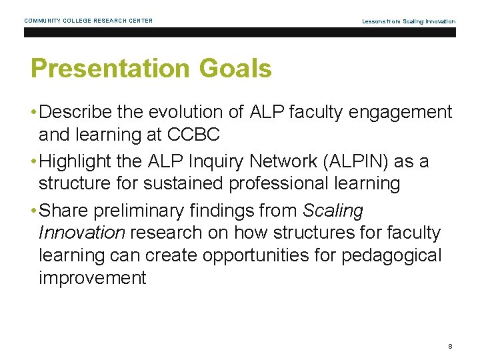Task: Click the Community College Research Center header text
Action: coord(89,21)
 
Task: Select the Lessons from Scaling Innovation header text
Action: coord(409,21)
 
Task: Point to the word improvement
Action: coord(92,277)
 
